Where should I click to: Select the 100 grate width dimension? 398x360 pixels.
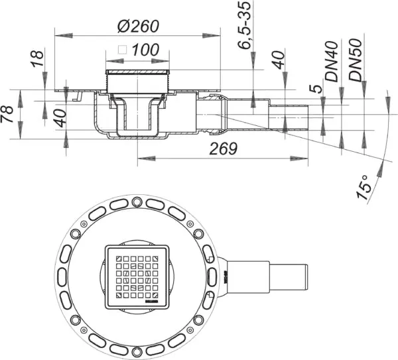coord(145,49)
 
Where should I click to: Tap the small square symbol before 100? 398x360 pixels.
coord(121,49)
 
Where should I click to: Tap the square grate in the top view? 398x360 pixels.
coord(137,276)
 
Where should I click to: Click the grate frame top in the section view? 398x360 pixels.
coord(139,71)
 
